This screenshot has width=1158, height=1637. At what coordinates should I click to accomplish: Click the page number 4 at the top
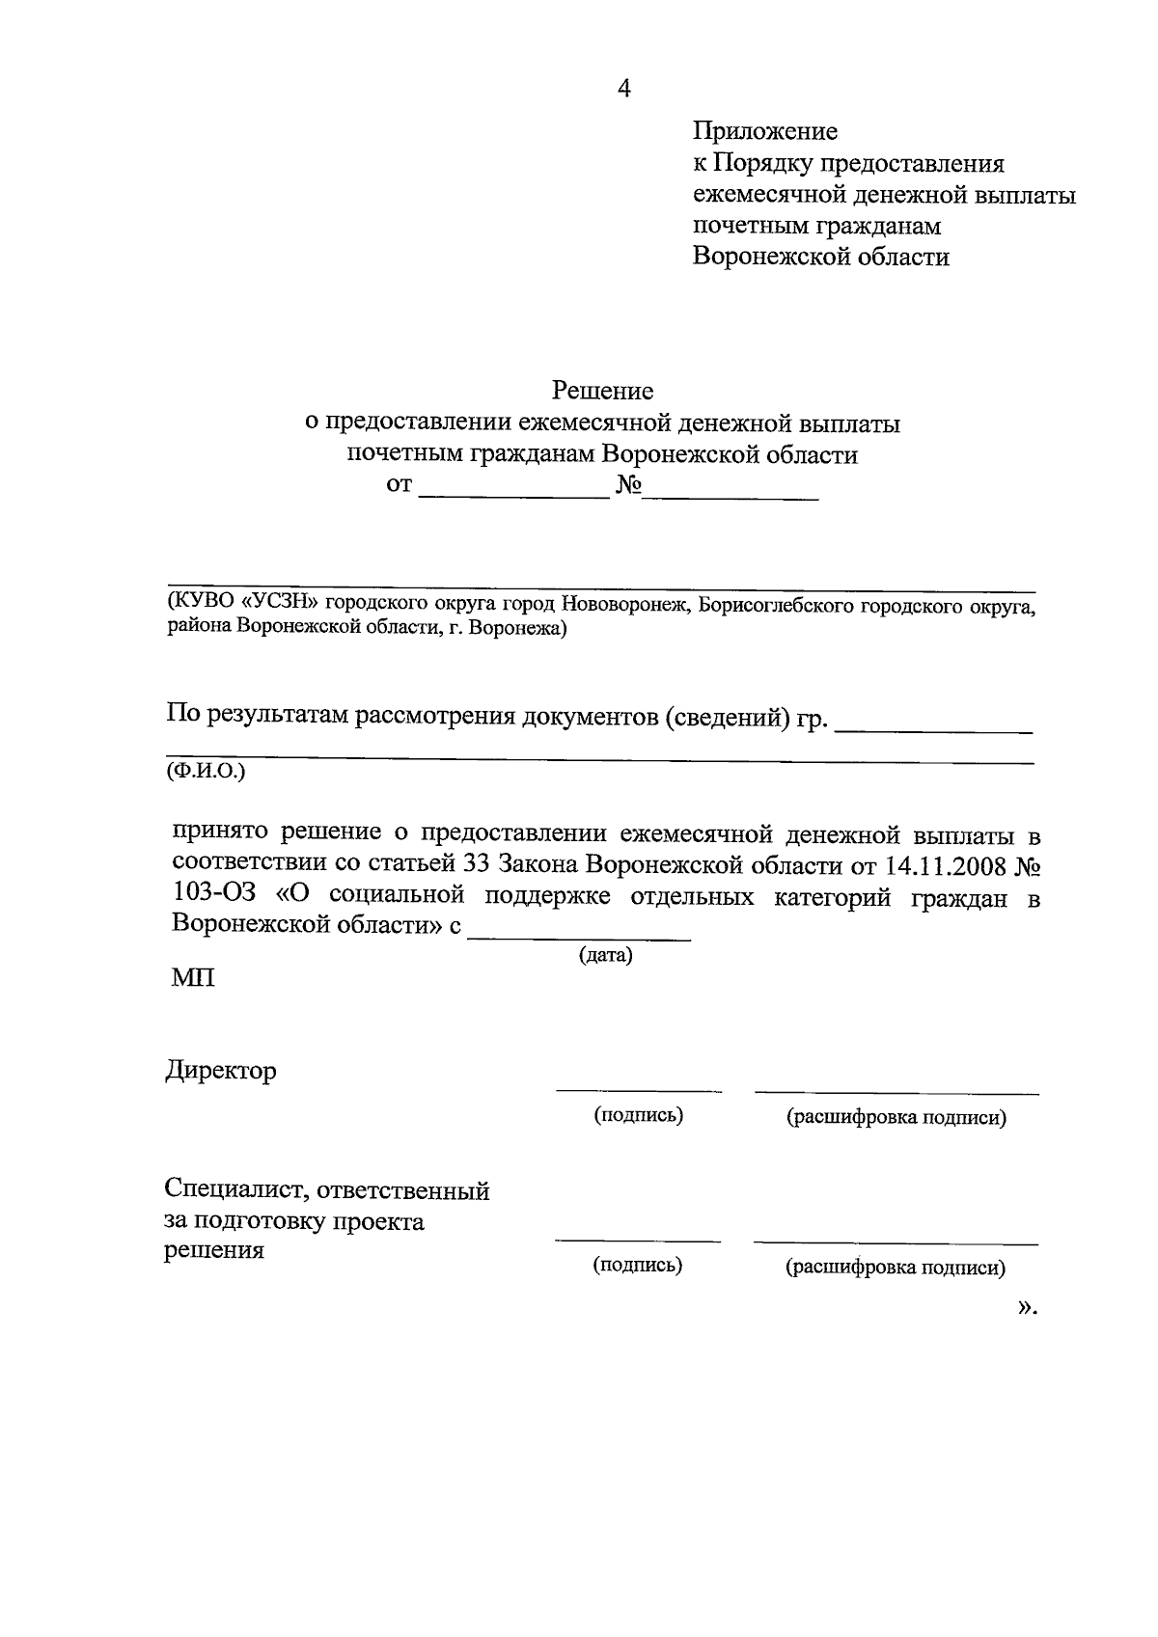coord(624,90)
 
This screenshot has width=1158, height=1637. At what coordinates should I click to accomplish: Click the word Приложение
coord(764,131)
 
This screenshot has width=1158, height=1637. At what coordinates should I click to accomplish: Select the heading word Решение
coord(602,391)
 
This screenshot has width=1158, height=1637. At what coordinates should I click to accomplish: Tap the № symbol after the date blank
coord(628,484)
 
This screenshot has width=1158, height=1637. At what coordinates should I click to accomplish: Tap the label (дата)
coord(605,955)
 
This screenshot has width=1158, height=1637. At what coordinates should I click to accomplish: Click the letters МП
coord(193,978)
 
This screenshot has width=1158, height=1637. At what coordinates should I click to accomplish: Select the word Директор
coord(220,1071)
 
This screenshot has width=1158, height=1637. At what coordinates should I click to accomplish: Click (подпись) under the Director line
coord(638,1116)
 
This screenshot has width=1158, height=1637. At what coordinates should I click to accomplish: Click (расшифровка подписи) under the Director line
coord(896,1118)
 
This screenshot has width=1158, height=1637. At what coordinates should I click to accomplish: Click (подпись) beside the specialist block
coord(637,1266)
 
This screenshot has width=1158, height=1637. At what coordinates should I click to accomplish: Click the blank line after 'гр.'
coord(932,731)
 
